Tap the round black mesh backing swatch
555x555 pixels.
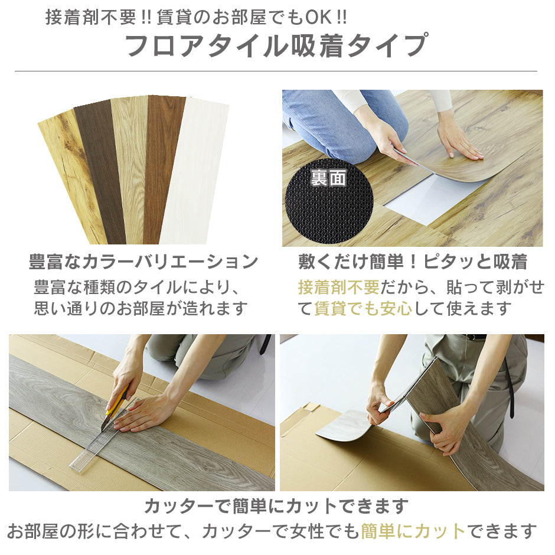point(329,201)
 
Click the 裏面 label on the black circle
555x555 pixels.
point(328,178)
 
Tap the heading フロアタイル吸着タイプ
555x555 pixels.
point(277,45)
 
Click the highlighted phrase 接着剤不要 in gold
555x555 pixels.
point(339,287)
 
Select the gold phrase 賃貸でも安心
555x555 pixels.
point(363,308)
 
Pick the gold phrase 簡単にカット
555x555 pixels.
point(413,531)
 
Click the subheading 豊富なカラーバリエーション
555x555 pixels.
point(143,262)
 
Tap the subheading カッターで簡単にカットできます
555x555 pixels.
point(277,506)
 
